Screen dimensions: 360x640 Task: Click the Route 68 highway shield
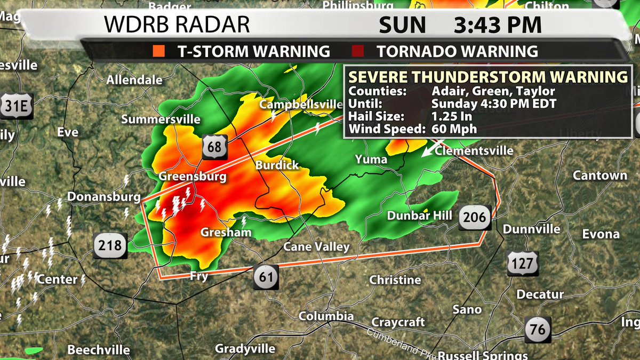pos(214,147)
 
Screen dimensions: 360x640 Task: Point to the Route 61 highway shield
pos(266,276)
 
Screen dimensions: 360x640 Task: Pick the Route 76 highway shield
pos(538,330)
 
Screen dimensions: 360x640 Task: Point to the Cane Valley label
pos(316,246)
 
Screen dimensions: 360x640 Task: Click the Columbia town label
pos(325,316)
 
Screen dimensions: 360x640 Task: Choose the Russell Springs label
pos(483,355)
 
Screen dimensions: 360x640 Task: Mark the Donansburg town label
pos(104,197)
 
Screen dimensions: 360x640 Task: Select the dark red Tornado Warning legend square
pos(358,52)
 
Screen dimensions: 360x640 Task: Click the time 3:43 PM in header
pos(498,25)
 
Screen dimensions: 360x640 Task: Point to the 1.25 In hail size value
pos(453,116)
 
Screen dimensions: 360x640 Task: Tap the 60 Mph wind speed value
pos(454,129)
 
